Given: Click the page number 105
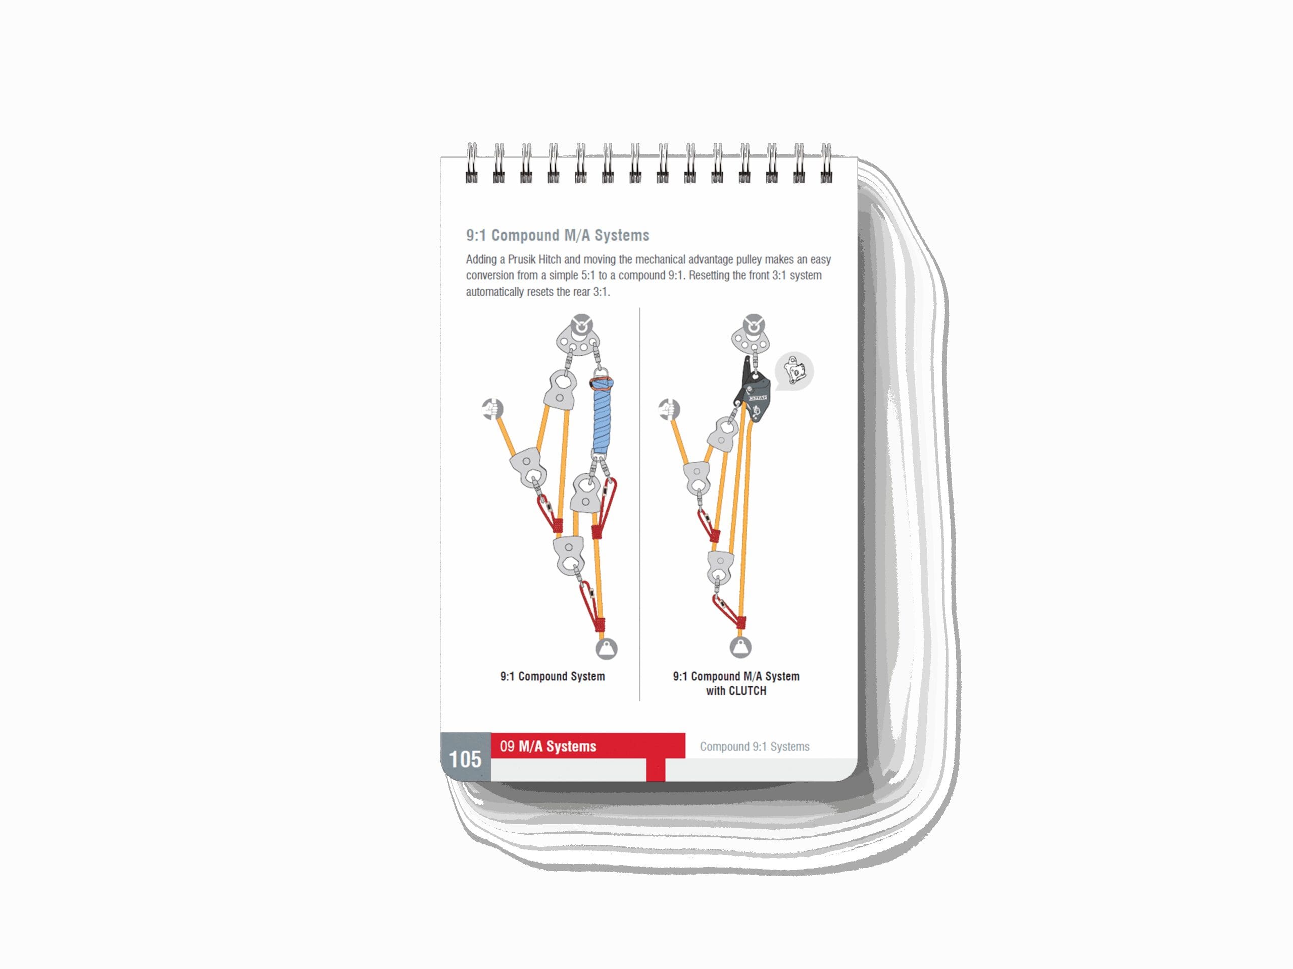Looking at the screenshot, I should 465,760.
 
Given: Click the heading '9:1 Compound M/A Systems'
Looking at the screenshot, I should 557,235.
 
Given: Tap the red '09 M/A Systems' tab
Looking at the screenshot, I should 587,746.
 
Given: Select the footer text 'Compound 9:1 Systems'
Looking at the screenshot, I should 754,746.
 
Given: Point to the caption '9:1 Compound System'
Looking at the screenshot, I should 553,676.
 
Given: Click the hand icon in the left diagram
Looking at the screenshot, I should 492,409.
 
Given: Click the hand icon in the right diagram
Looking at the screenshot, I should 669,409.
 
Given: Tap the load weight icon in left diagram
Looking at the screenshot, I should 606,649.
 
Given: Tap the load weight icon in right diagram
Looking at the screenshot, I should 740,647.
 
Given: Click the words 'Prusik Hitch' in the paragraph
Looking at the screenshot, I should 534,259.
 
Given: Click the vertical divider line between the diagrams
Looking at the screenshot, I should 639,502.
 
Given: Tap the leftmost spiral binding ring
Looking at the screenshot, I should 471,164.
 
